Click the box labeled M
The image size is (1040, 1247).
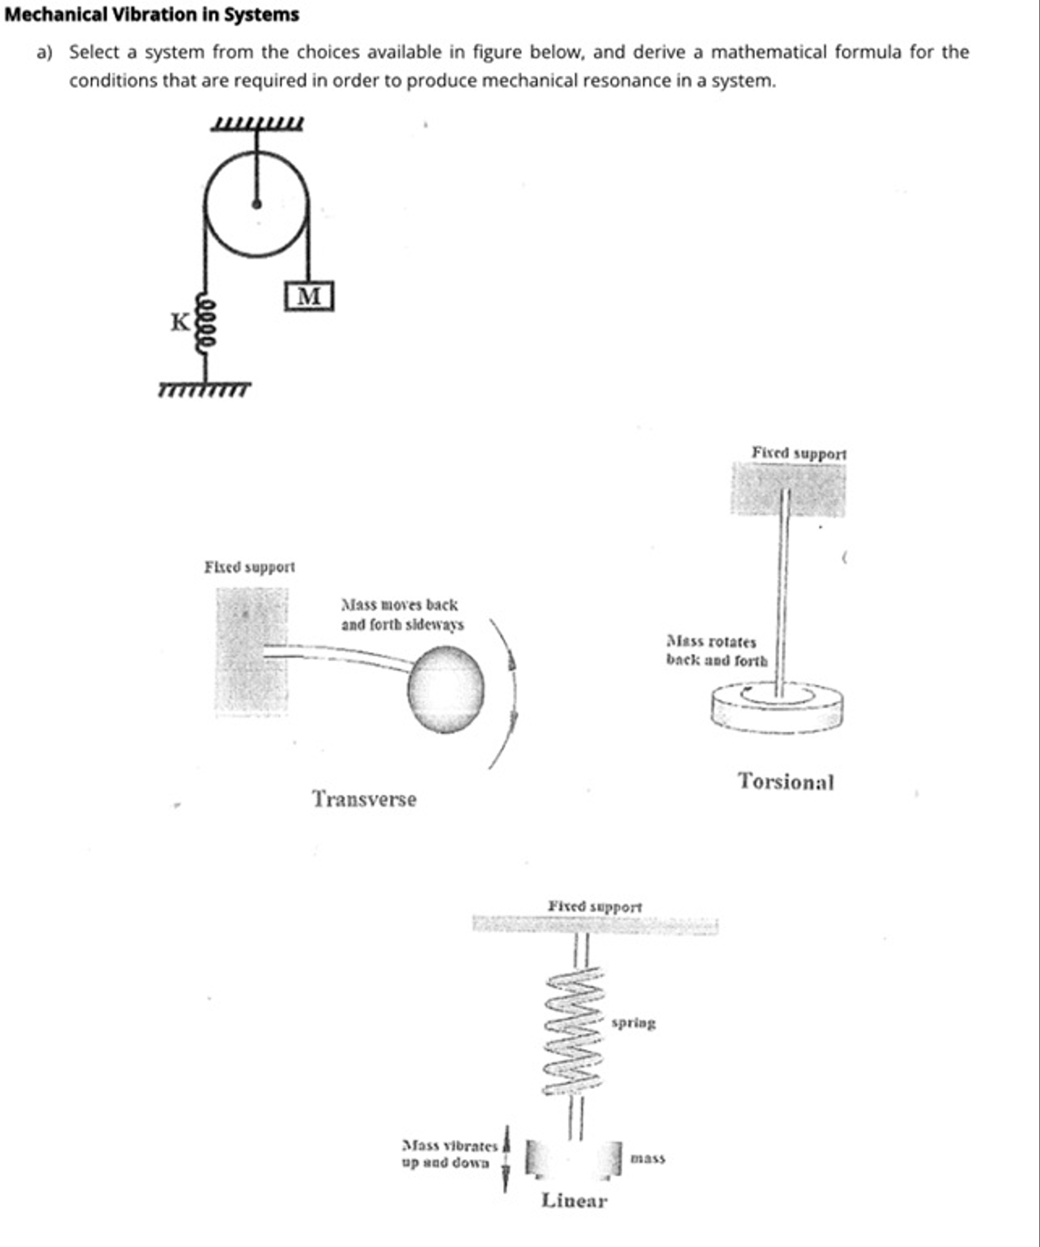click(x=309, y=296)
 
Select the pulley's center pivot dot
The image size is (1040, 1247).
click(x=257, y=204)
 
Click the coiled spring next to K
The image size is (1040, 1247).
click(x=205, y=325)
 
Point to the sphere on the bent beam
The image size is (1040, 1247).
click(x=445, y=689)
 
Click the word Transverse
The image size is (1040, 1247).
click(x=364, y=799)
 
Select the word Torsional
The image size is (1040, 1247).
click(x=786, y=782)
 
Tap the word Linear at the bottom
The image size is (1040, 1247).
click(x=574, y=1201)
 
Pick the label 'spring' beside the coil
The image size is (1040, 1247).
click(x=633, y=1023)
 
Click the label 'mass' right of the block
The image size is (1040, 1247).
click(x=648, y=1158)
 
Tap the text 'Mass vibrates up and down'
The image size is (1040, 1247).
click(x=449, y=1154)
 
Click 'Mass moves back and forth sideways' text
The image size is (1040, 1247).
click(x=402, y=615)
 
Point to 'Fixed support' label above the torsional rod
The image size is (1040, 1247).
click(x=799, y=453)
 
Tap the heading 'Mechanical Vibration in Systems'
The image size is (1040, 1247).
click(x=152, y=14)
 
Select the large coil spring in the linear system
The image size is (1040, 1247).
click(x=574, y=1030)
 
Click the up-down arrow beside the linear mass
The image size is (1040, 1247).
click(x=506, y=1158)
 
